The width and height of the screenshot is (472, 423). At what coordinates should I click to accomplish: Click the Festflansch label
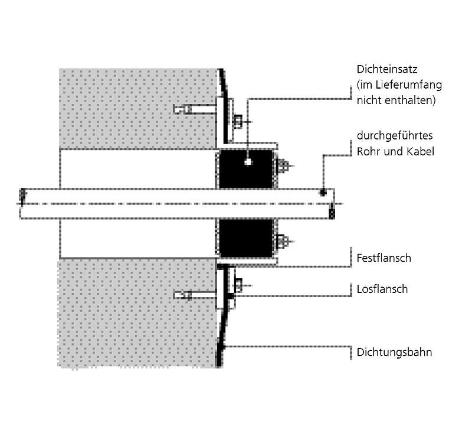pos(384,258)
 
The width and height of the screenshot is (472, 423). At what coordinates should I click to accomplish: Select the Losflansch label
pos(382,289)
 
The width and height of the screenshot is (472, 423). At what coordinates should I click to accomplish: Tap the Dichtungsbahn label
pos(395,352)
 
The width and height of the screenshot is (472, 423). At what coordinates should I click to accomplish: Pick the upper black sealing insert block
pos(246,168)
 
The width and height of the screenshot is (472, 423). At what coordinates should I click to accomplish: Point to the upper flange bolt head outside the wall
pos(238,122)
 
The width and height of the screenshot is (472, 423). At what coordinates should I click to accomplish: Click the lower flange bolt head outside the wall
pos(238,285)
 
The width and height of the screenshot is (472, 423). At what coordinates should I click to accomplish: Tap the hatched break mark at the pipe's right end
pos(332,212)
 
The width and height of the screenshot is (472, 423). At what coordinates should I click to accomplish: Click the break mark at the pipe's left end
pos(23,194)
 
